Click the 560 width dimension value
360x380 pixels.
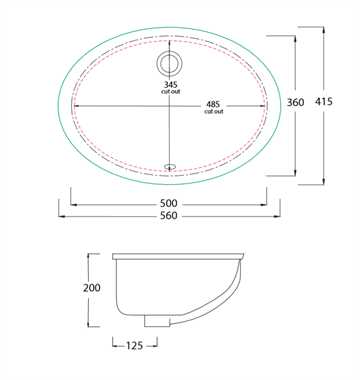click(x=169, y=216)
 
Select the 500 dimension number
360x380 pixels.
click(x=169, y=203)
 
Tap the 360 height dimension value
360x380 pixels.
click(x=295, y=102)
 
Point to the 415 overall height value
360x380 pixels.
click(x=324, y=101)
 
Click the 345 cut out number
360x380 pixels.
click(x=170, y=85)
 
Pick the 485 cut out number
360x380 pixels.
click(x=214, y=105)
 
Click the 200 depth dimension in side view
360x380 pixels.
click(x=92, y=287)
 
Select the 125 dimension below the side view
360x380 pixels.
click(x=134, y=346)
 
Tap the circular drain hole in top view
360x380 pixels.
click(x=170, y=63)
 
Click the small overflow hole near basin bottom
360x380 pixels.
click(x=171, y=165)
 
